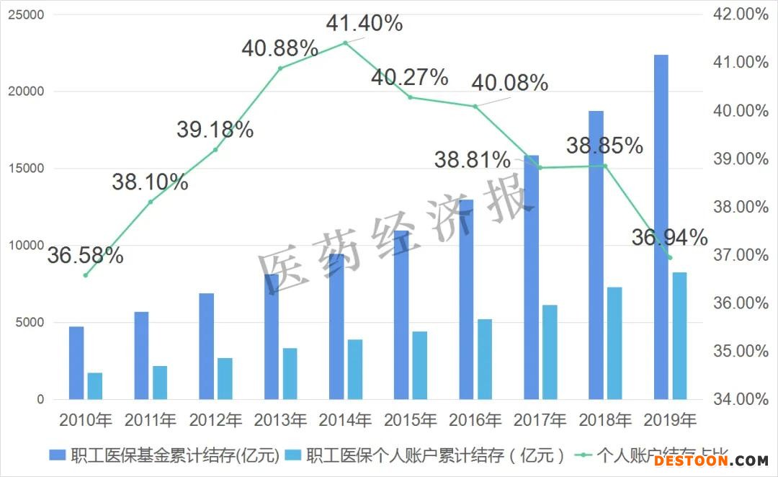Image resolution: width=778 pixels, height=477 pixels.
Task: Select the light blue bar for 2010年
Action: point(95,385)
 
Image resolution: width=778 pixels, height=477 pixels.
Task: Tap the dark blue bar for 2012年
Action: point(207,346)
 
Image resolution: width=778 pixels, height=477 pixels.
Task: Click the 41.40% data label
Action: point(364,23)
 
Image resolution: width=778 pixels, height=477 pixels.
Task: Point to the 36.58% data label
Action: point(85,255)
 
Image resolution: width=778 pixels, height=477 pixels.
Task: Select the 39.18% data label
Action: point(215,130)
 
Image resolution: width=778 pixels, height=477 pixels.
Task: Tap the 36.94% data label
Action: point(670,236)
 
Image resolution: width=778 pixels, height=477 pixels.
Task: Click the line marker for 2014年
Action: point(345,43)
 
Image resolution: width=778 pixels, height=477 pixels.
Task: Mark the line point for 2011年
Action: point(151,202)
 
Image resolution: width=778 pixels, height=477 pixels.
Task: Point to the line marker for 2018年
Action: point(605,166)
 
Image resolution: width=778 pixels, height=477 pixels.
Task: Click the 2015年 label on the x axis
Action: point(410,419)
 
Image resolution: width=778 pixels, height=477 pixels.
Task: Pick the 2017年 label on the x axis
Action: point(540,419)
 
